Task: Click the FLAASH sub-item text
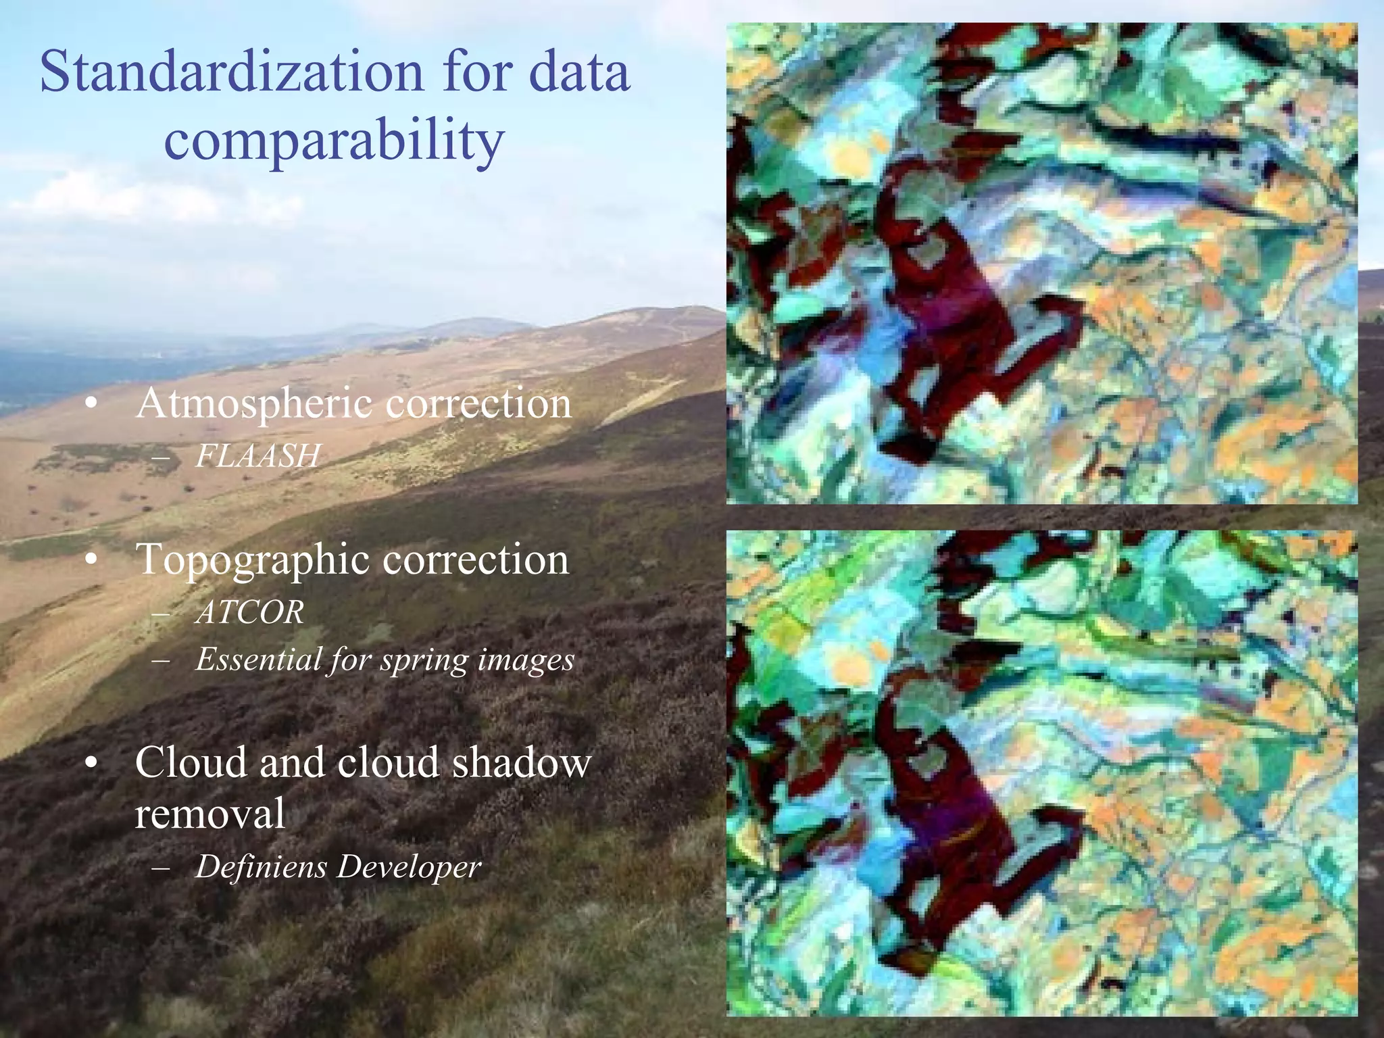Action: tap(257, 455)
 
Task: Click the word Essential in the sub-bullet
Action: tap(258, 660)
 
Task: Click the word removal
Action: tap(209, 813)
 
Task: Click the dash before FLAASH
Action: tap(162, 458)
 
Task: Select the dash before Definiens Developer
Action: tap(162, 868)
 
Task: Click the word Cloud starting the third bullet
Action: tap(192, 762)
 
